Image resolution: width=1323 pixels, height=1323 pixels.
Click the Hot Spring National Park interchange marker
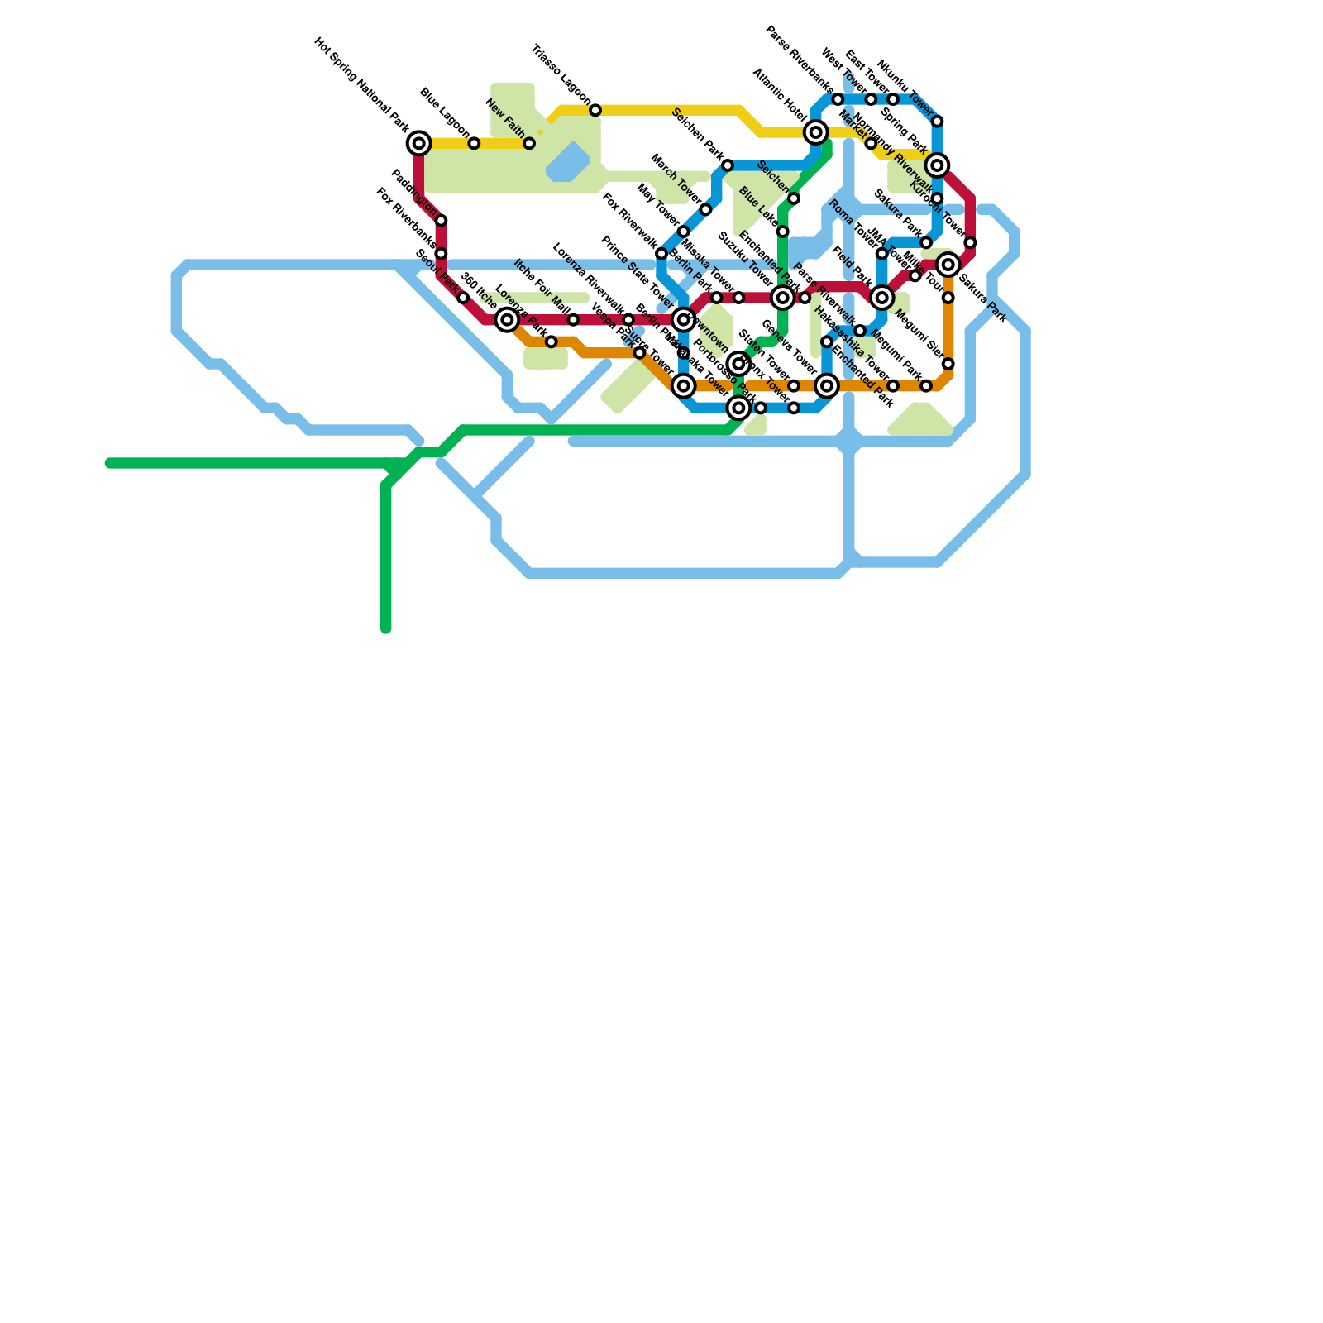click(x=419, y=144)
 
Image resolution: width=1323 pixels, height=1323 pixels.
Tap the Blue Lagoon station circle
click(x=474, y=144)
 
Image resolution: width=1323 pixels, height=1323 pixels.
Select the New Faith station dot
click(x=529, y=144)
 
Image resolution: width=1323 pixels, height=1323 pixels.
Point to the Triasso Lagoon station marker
click(x=595, y=111)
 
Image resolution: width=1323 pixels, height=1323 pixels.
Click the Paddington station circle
click(x=442, y=221)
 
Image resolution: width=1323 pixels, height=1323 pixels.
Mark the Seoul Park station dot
click(x=463, y=298)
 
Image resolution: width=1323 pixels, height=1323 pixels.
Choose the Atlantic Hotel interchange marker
click(x=816, y=132)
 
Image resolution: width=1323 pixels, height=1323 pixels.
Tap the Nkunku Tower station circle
click(x=937, y=122)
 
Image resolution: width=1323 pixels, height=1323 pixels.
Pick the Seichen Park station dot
click(x=728, y=165)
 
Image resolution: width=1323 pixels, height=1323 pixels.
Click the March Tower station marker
click(x=705, y=210)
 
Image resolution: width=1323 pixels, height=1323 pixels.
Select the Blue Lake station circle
click(x=782, y=232)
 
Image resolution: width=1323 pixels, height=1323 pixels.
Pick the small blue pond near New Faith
click(x=568, y=162)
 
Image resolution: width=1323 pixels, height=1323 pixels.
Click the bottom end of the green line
click(x=386, y=629)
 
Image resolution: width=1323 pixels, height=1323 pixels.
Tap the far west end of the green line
click(x=109, y=463)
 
